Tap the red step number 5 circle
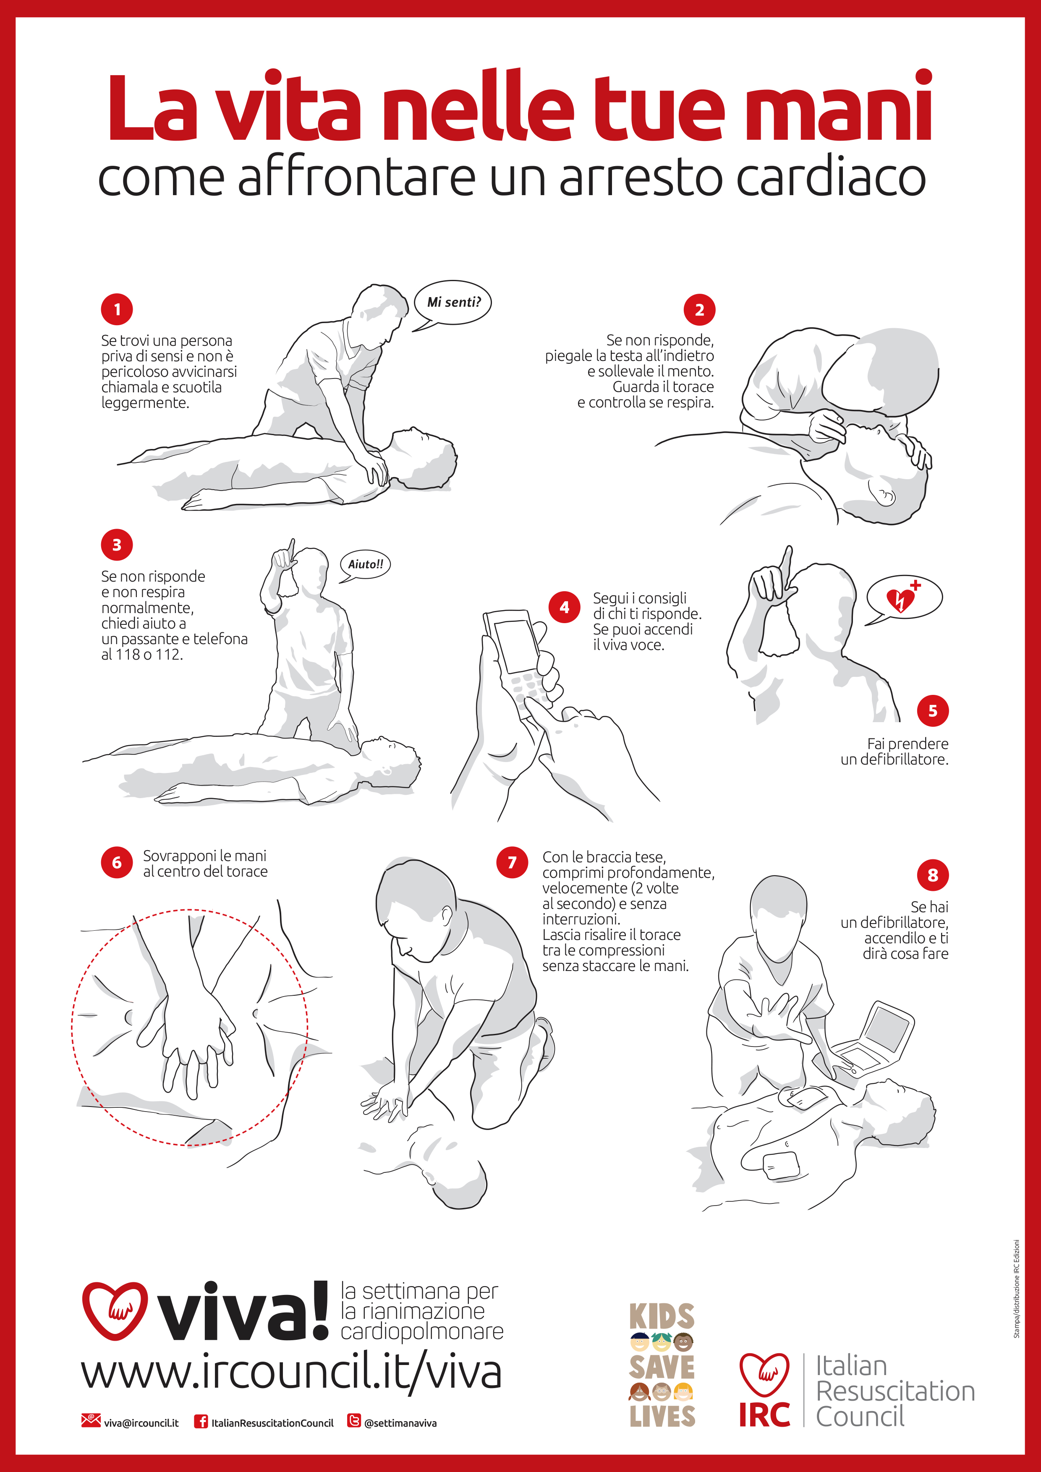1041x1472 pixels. coord(933,710)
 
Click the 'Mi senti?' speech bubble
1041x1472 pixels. coord(453,303)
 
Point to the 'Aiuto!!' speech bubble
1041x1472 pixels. coord(365,565)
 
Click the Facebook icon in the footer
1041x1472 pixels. coord(201,1422)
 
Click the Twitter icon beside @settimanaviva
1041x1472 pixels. coord(353,1421)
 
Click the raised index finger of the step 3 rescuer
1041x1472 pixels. coord(292,549)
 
